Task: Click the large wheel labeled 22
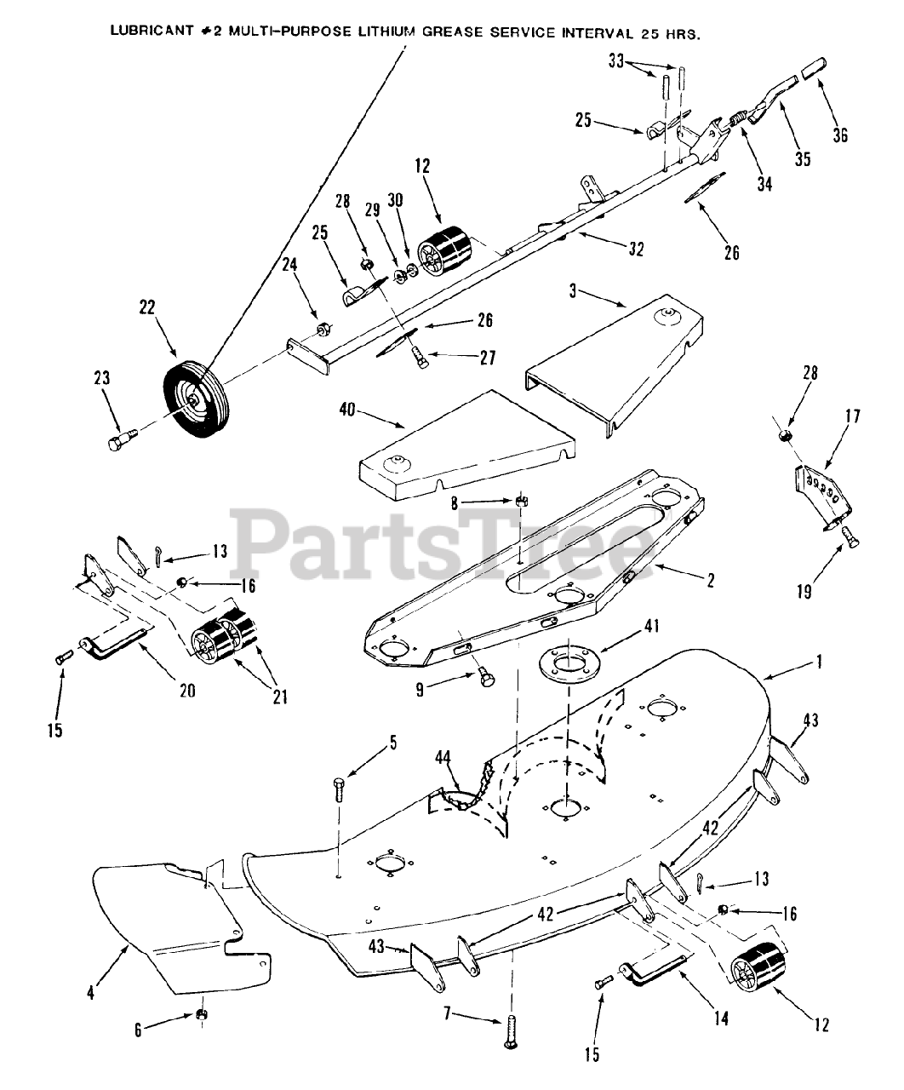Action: click(x=190, y=400)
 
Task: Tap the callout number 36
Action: click(x=840, y=135)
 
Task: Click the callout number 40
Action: click(x=347, y=410)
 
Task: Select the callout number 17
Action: click(x=852, y=417)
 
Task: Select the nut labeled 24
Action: click(x=323, y=328)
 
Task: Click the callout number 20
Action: click(x=186, y=691)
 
